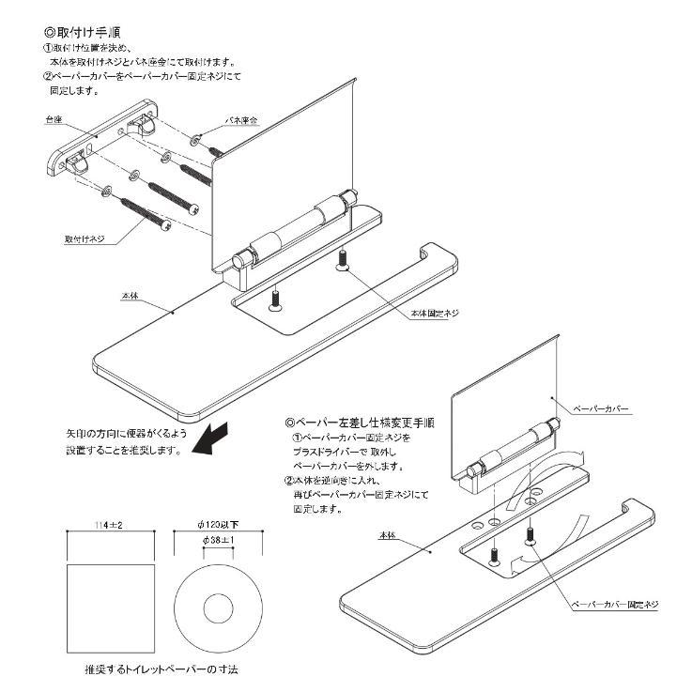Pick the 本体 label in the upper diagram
131,295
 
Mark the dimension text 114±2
111,524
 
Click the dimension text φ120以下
220,524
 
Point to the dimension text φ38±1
219,543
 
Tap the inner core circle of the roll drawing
220,606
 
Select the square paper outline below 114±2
112,606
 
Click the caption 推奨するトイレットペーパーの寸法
159,672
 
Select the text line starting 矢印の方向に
128,435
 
